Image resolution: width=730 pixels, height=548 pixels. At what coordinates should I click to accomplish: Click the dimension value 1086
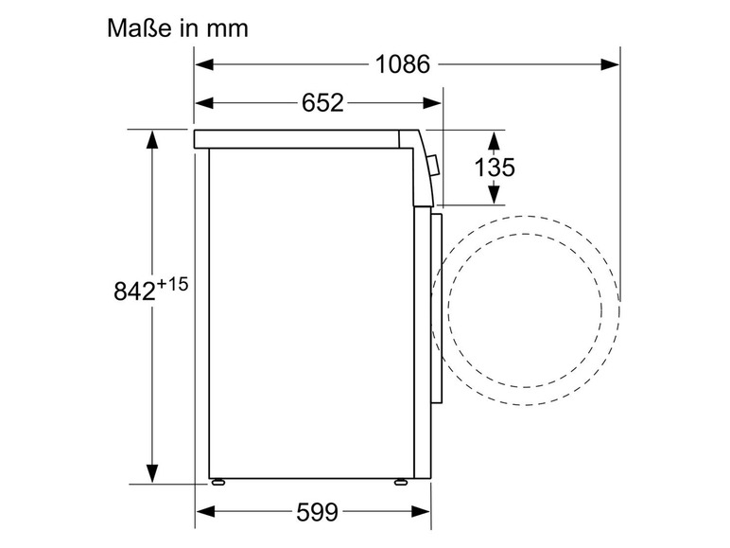402,63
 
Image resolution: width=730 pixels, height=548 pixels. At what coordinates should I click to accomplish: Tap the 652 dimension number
322,102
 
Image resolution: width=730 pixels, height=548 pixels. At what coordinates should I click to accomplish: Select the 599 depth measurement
317,512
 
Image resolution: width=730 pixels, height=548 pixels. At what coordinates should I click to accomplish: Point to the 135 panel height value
495,168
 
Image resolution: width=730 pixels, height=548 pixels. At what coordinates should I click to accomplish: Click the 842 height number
134,292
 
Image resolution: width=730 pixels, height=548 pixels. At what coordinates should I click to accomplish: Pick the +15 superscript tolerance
172,284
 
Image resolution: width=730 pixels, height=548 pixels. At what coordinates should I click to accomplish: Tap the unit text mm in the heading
227,29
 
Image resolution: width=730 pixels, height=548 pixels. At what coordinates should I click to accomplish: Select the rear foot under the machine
217,483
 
